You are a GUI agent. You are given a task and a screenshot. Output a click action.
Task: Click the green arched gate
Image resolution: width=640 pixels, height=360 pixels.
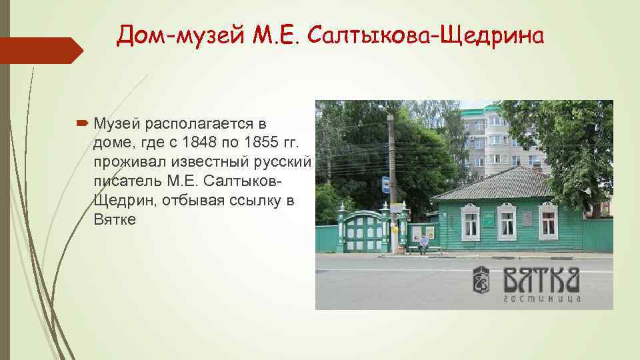363,230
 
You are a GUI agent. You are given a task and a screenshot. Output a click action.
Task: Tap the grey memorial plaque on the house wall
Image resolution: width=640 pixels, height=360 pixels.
527,219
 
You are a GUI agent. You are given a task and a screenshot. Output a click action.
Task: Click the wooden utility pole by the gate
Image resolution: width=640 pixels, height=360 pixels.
392,173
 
